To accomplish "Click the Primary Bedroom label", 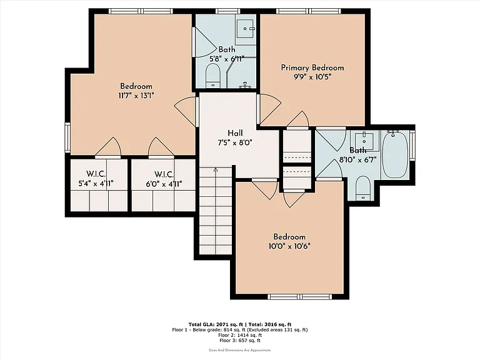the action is (312, 67).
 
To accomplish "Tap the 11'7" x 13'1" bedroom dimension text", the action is (136, 96).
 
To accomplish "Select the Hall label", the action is (235, 133).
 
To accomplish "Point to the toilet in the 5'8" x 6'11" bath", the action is (212, 76).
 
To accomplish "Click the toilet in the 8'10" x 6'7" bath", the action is (363, 187).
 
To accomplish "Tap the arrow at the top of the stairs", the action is (216, 170).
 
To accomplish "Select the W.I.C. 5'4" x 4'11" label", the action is (96, 179).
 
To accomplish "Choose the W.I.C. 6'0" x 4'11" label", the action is (164, 179).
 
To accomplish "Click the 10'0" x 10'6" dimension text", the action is (289, 246).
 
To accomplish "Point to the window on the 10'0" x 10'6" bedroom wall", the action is (300, 297).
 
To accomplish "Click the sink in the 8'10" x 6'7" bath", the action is (364, 138).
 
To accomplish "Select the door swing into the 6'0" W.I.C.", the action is (161, 147).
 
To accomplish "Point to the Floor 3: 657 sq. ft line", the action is (240, 340).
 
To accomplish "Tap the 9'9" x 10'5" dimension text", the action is (312, 77).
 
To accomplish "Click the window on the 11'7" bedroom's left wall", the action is (67, 137).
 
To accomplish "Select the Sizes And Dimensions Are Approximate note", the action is (240, 350).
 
